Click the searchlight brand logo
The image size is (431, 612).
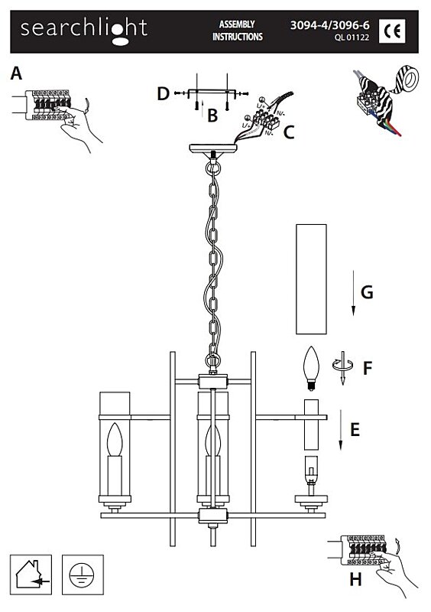pos(84,31)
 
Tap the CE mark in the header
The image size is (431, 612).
pos(392,31)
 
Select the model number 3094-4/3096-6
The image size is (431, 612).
pos(329,25)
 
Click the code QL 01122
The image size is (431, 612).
pos(352,37)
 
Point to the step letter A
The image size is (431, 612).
pos(16,73)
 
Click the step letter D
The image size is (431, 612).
pos(163,93)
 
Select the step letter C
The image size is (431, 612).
pos(288,132)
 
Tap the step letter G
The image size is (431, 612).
pos(367,292)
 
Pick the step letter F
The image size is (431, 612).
pos(368,368)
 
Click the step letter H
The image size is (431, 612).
pos(355,579)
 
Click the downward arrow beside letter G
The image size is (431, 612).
pos(353,293)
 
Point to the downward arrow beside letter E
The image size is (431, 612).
pos(341,429)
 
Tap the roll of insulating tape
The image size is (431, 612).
pos(405,80)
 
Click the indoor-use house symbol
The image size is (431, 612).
pos(31,575)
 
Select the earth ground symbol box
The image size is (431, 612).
pos(83,575)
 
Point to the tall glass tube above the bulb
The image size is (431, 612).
pos(311,279)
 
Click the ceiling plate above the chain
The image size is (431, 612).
pos(213,148)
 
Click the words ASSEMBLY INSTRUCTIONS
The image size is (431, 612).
pos(238,31)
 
